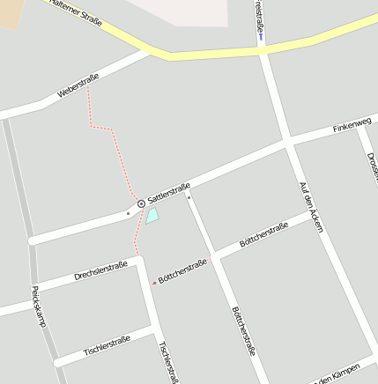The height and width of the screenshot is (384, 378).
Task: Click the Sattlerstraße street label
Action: pyautogui.click(x=169, y=195)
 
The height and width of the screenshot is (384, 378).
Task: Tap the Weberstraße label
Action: pyautogui.click(x=78, y=85)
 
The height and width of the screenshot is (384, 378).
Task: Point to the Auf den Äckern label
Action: pyautogui.click(x=311, y=207)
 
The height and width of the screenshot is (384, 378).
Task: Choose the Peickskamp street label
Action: pyautogui.click(x=38, y=306)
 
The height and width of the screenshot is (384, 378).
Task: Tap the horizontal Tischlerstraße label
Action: pyautogui.click(x=107, y=345)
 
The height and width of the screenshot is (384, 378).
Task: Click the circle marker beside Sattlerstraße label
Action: pyautogui.click(x=141, y=203)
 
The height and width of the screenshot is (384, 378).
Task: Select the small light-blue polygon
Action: pyautogui.click(x=152, y=216)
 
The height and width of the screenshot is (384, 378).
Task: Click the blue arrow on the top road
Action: pyautogui.click(x=261, y=36)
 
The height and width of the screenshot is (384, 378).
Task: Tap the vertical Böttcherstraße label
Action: pyautogui.click(x=243, y=330)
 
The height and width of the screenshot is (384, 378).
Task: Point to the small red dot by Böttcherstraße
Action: pyautogui.click(x=154, y=283)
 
